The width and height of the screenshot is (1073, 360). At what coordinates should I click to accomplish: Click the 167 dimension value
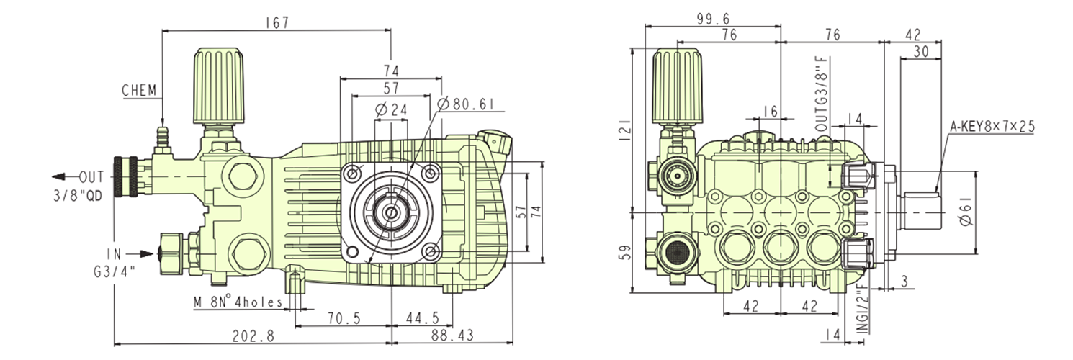(276, 22)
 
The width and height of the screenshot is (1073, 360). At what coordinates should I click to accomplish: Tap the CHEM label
(140, 91)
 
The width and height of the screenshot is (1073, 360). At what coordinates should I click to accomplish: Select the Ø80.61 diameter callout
(466, 104)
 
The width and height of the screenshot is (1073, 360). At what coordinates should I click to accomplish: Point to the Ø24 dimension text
(392, 109)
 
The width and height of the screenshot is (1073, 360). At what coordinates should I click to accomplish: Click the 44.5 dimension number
(422, 318)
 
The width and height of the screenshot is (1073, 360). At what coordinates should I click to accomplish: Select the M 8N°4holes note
(238, 302)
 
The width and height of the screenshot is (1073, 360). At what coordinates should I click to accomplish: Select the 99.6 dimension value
(713, 19)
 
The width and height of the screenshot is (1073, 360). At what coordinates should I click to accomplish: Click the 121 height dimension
(624, 128)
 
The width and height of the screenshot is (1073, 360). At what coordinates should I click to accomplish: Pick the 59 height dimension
(624, 253)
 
